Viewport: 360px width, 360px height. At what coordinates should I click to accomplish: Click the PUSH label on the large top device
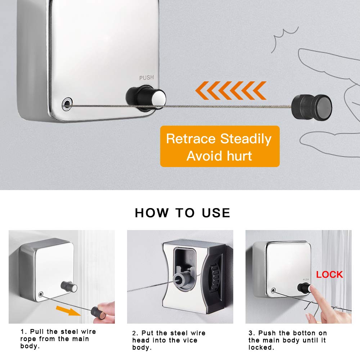[x=147, y=77]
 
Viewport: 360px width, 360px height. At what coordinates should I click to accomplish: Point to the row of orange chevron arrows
[x=231, y=90]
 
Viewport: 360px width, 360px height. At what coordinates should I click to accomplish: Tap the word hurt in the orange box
[x=239, y=156]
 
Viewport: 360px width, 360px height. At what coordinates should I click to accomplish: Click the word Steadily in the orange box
[x=246, y=139]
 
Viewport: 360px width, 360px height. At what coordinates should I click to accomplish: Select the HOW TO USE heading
[x=183, y=213]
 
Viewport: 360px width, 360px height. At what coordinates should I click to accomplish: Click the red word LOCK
[x=329, y=275]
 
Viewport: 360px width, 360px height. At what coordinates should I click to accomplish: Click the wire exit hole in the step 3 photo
[x=274, y=291]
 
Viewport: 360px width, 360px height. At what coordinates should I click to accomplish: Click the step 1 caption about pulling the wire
[x=58, y=339]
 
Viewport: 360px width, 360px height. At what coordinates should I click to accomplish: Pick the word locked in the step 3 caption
[x=261, y=348]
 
